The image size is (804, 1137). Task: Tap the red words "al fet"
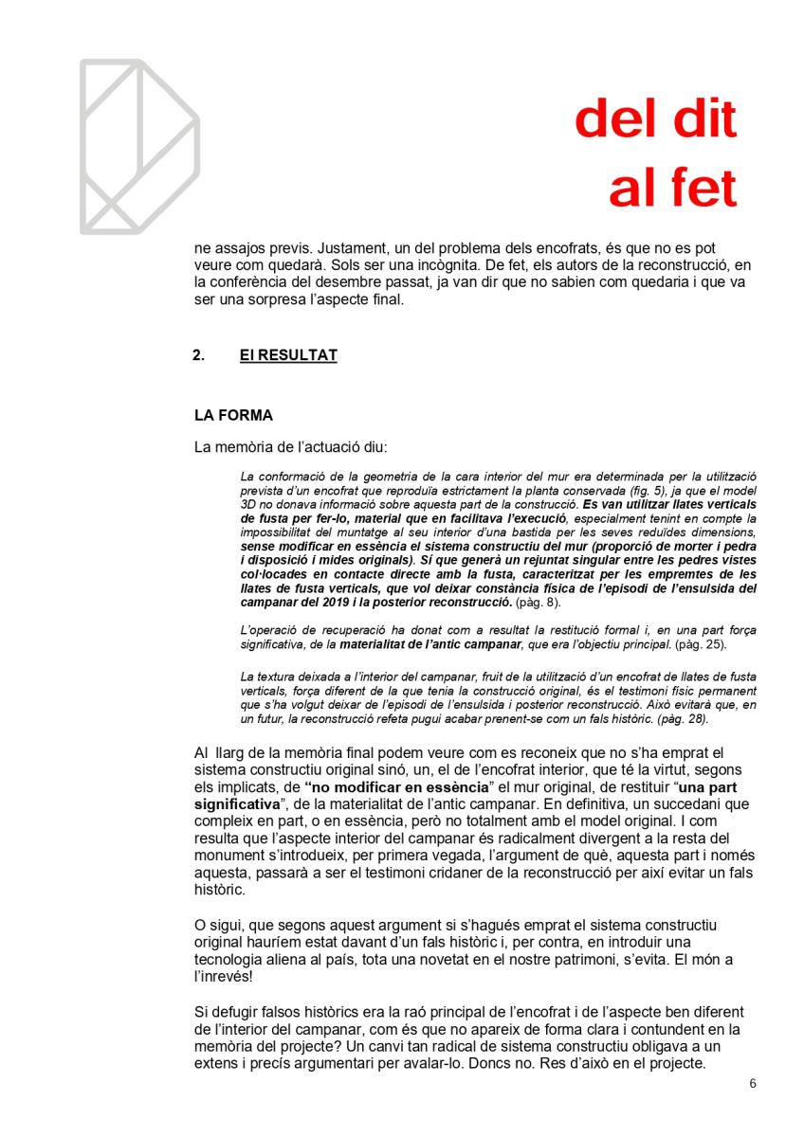click(672, 189)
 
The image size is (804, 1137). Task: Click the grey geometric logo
click(138, 146)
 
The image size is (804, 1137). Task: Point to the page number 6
click(752, 1084)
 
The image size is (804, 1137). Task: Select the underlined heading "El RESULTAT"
click(288, 356)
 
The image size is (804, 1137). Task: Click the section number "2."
click(199, 356)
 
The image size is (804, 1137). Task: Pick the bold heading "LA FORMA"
click(233, 415)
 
